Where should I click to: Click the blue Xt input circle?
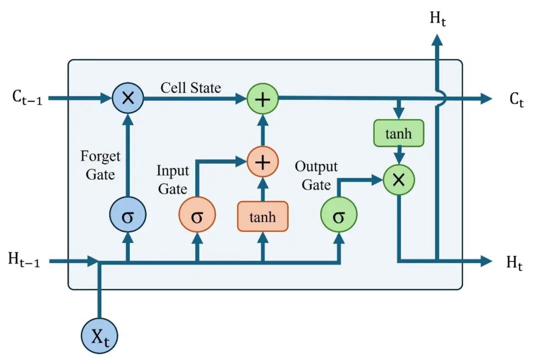tap(99, 336)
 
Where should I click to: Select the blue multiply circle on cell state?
tap(128, 98)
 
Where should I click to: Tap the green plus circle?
tap(263, 99)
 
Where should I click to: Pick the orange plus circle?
tap(263, 162)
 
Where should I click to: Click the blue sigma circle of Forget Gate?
tap(128, 215)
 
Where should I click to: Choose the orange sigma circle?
tap(197, 215)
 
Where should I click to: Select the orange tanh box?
tap(263, 216)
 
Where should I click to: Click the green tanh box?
tap(399, 133)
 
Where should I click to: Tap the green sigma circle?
tap(339, 215)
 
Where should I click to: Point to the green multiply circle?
tap(399, 180)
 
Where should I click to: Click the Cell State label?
tap(191, 88)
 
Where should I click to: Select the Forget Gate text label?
tap(100, 165)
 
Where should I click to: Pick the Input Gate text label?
tap(173, 180)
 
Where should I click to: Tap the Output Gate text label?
tap(316, 176)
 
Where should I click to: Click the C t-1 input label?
tap(27, 97)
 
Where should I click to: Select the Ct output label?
tap(517, 100)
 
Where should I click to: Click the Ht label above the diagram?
tap(438, 18)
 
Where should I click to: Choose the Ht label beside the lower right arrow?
tap(515, 263)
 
